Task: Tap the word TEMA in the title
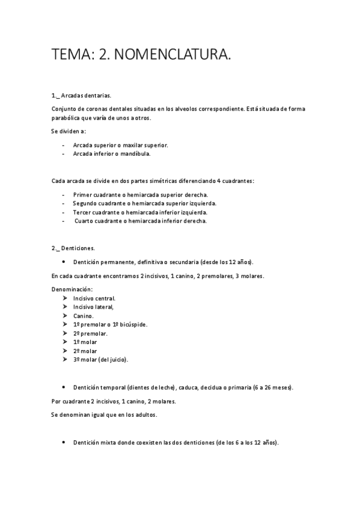(70, 55)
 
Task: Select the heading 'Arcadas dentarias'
(87, 96)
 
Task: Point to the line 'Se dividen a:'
(69, 131)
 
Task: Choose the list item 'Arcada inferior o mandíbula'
(112, 153)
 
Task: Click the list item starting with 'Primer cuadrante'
(141, 195)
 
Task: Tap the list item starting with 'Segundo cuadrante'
(144, 203)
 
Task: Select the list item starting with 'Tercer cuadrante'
(140, 212)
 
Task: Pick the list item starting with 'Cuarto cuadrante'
(141, 221)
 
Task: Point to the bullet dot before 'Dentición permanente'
(63, 262)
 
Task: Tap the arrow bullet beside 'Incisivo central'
(64, 298)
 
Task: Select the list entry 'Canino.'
(84, 316)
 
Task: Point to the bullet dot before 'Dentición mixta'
(63, 442)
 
